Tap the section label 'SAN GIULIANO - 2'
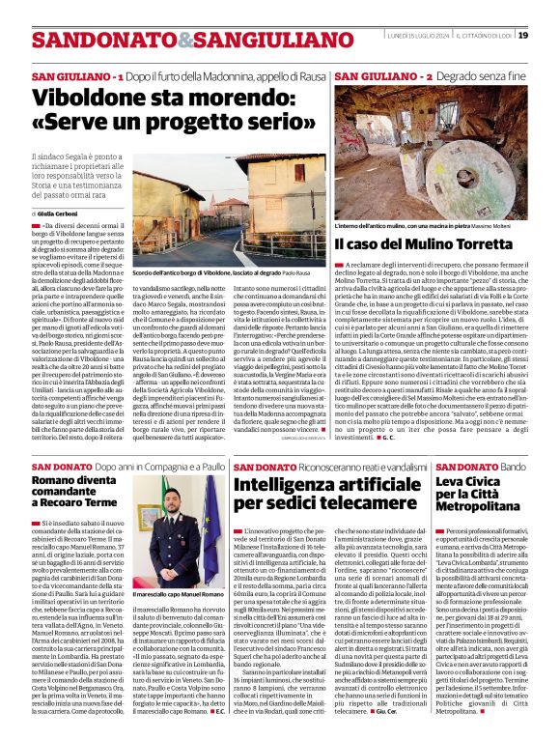click(371, 75)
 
